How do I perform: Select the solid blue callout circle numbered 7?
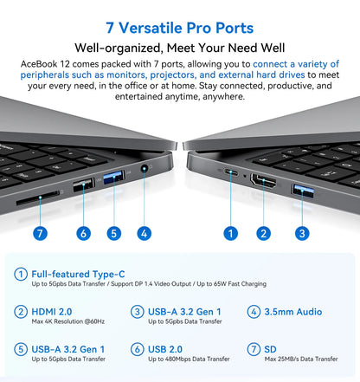pyautogui.click(x=39, y=232)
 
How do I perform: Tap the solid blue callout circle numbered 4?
pyautogui.click(x=144, y=232)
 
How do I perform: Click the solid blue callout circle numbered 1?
pyautogui.click(x=230, y=232)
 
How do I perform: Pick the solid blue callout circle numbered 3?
pyautogui.click(x=302, y=232)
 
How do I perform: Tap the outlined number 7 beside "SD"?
pyautogui.click(x=254, y=349)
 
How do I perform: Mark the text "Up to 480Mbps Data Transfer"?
pyautogui.click(x=189, y=359)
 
